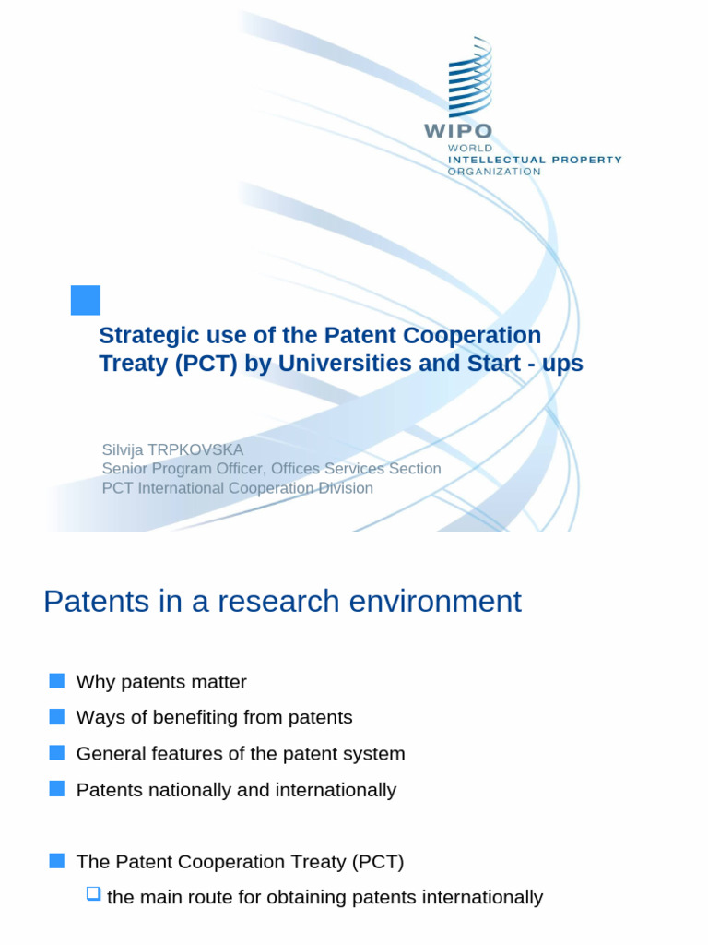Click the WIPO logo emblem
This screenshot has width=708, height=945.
pos(469,78)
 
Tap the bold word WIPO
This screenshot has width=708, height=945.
pos(457,131)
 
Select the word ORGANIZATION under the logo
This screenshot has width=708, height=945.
pos(493,172)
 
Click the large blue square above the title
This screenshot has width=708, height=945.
pos(86,300)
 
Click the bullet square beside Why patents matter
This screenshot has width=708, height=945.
pos(57,681)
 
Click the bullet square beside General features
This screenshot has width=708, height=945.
pos(57,753)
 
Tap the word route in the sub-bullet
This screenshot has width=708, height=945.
pos(207,897)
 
